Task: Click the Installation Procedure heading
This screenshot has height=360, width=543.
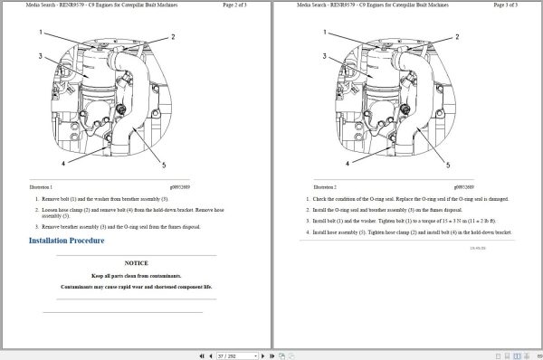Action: pos(67,241)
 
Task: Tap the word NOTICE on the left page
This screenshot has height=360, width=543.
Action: pos(138,261)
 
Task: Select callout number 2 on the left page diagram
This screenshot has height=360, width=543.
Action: pos(174,37)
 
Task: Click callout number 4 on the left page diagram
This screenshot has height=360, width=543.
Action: pos(63,164)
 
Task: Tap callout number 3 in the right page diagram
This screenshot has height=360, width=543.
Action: pos(323,56)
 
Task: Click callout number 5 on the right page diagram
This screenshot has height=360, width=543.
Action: pos(450,165)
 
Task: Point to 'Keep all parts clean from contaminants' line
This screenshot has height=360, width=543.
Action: pos(138,275)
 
